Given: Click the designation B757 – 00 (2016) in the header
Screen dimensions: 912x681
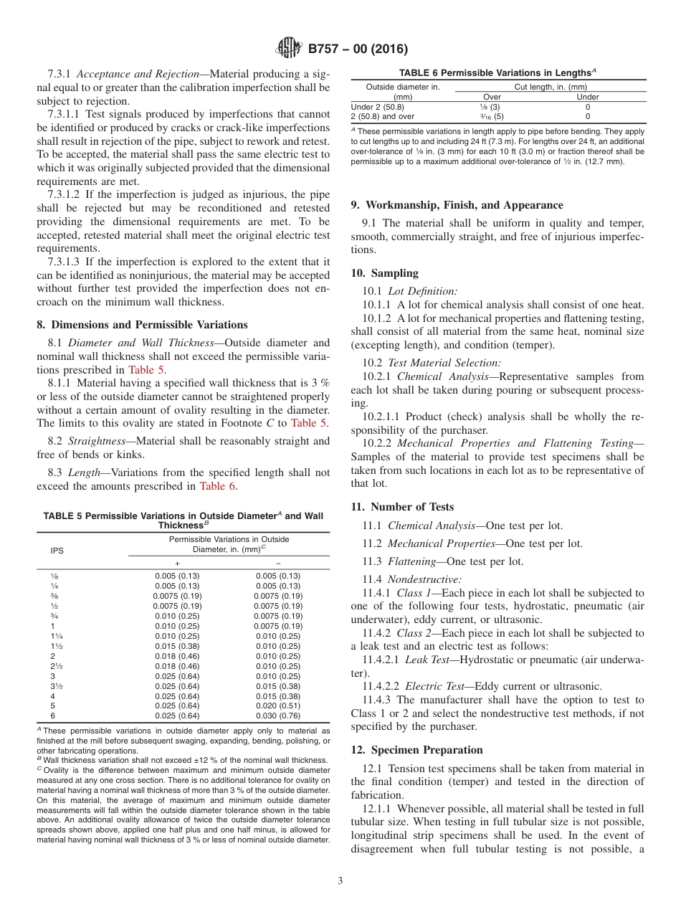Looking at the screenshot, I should point(357,49).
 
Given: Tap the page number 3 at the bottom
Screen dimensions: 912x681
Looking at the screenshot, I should point(340,881).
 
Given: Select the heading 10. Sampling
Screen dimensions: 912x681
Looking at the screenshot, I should point(384,273).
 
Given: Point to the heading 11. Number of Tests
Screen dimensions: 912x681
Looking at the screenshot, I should point(402,507).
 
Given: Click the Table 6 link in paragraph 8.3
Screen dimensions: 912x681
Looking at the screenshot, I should point(217,486).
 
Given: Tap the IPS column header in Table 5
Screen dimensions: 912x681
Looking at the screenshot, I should point(57,551).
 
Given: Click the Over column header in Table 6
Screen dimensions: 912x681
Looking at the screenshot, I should point(492,97).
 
